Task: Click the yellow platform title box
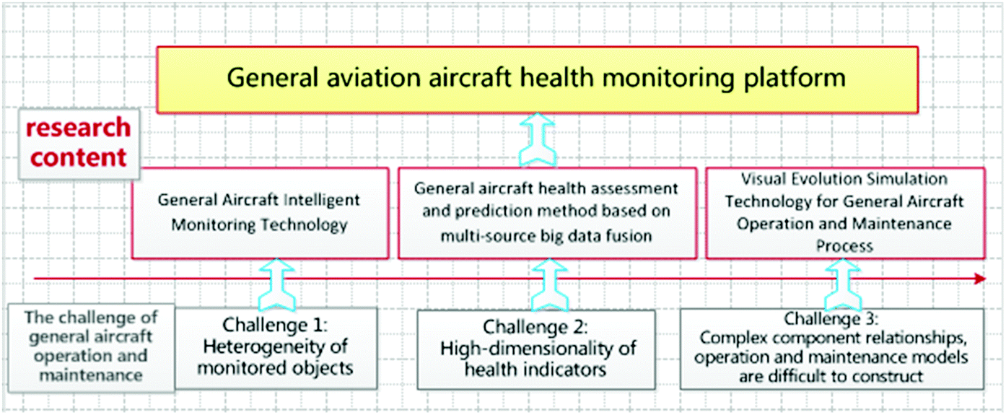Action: click(x=537, y=79)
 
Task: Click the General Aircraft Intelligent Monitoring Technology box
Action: click(x=260, y=213)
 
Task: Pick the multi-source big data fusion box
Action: click(x=546, y=213)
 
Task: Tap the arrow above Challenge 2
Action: click(x=547, y=286)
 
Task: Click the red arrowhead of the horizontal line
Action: click(x=980, y=279)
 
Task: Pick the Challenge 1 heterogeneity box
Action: click(x=277, y=348)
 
